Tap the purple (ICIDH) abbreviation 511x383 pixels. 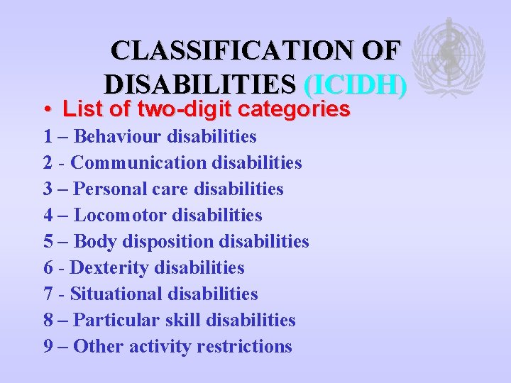click(x=355, y=85)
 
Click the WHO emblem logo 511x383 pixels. click(x=449, y=57)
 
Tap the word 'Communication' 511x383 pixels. click(x=137, y=162)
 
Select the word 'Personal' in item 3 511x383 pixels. click(x=108, y=189)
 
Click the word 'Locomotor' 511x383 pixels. click(x=120, y=215)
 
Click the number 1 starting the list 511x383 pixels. click(x=48, y=135)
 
